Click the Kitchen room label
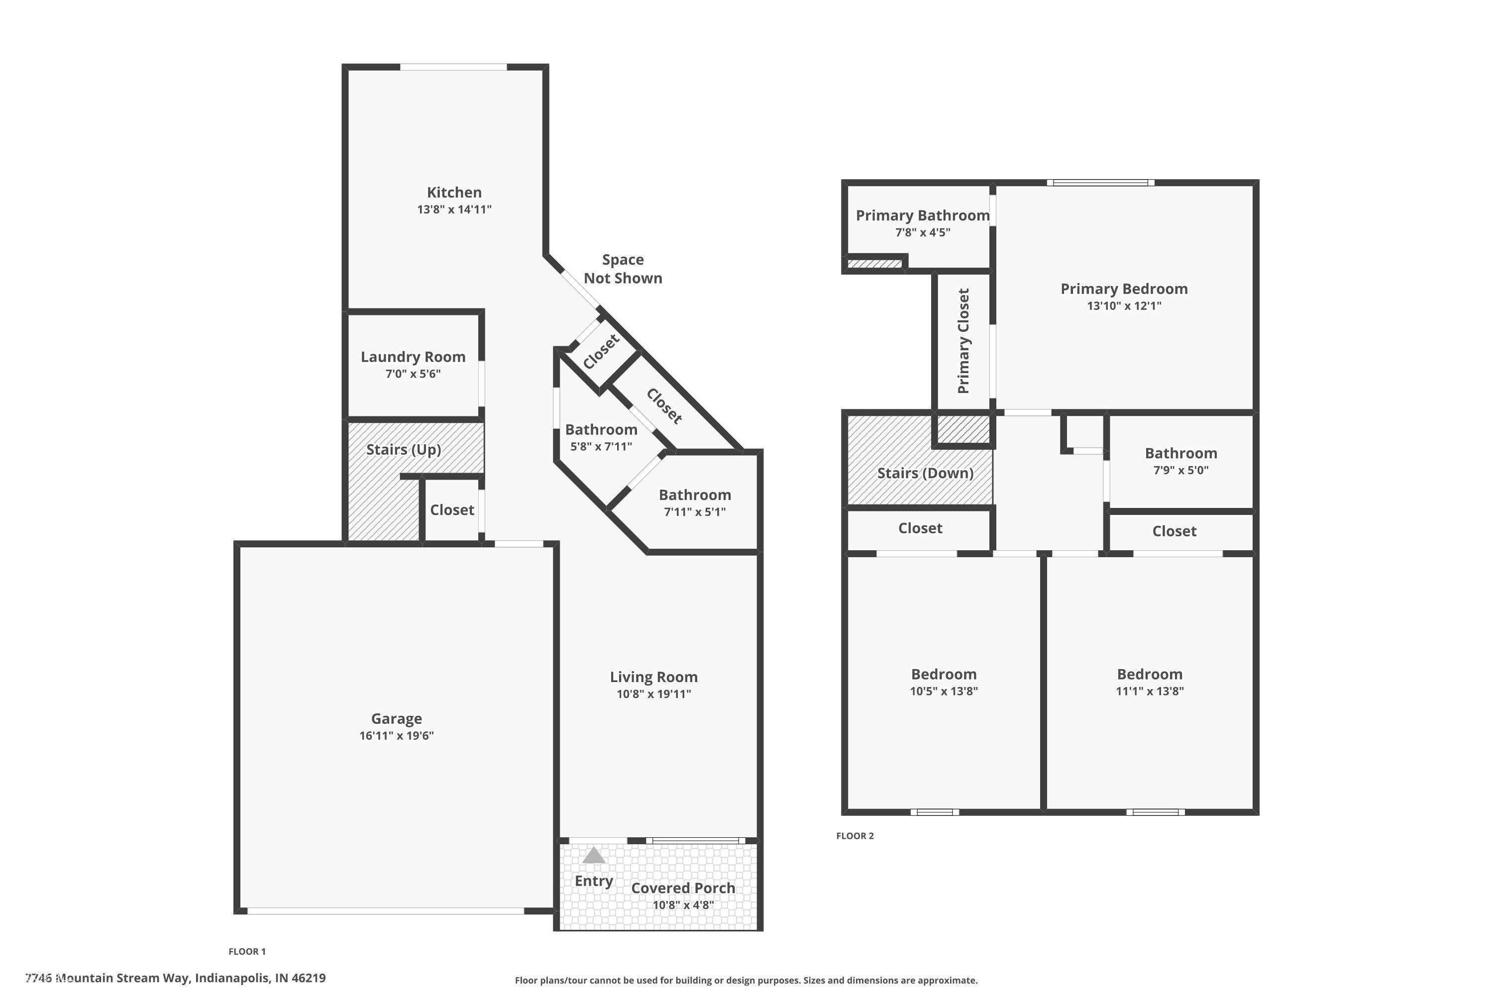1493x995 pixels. click(x=454, y=192)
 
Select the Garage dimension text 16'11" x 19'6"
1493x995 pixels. click(x=396, y=735)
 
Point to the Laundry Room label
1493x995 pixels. click(x=413, y=357)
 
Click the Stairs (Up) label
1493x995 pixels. click(x=403, y=449)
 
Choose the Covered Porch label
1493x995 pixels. click(x=682, y=888)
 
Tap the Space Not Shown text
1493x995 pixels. click(x=622, y=269)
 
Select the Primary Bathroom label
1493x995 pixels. click(x=922, y=215)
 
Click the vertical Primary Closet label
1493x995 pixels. click(x=963, y=341)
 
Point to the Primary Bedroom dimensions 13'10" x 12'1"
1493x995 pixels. click(x=1124, y=305)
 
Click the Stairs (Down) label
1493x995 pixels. click(x=925, y=473)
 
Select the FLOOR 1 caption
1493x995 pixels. click(x=247, y=951)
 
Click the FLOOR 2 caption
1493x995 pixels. click(x=854, y=836)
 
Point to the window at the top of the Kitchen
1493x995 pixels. click(x=453, y=67)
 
